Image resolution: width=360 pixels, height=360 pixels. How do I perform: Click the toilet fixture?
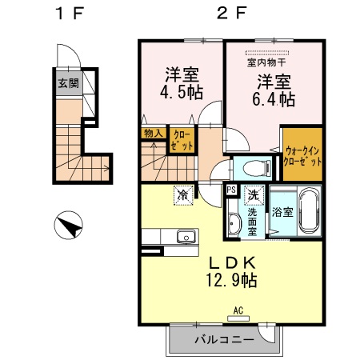[254, 169]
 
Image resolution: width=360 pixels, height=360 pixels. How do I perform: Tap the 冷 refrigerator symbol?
[183, 194]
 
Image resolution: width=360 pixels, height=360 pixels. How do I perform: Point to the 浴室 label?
[282, 214]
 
